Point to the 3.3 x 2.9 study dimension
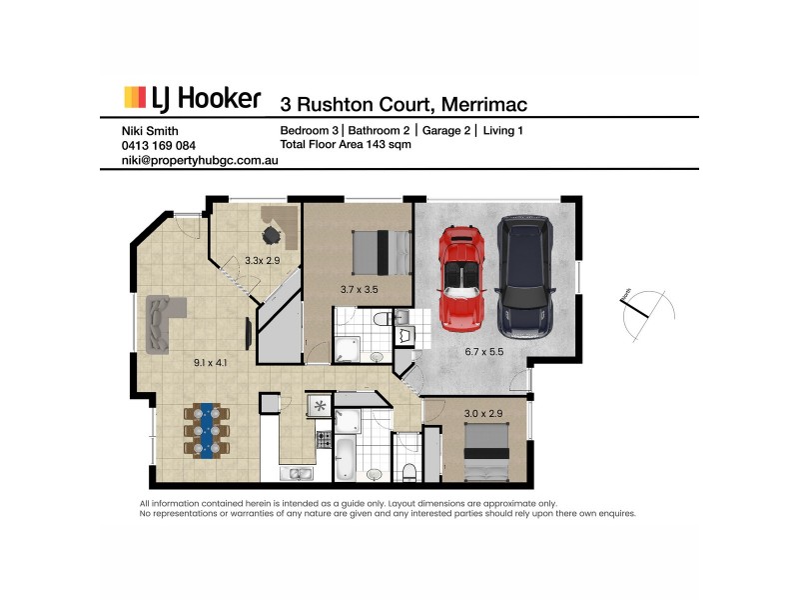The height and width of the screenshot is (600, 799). pos(263,261)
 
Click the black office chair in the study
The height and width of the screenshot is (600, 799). pos(272,234)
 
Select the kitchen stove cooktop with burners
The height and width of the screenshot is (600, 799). pos(323,438)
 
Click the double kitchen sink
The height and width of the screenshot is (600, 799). pos(297,472)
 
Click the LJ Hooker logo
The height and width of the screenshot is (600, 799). pos(192,98)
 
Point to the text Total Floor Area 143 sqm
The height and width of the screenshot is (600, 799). pos(346,145)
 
